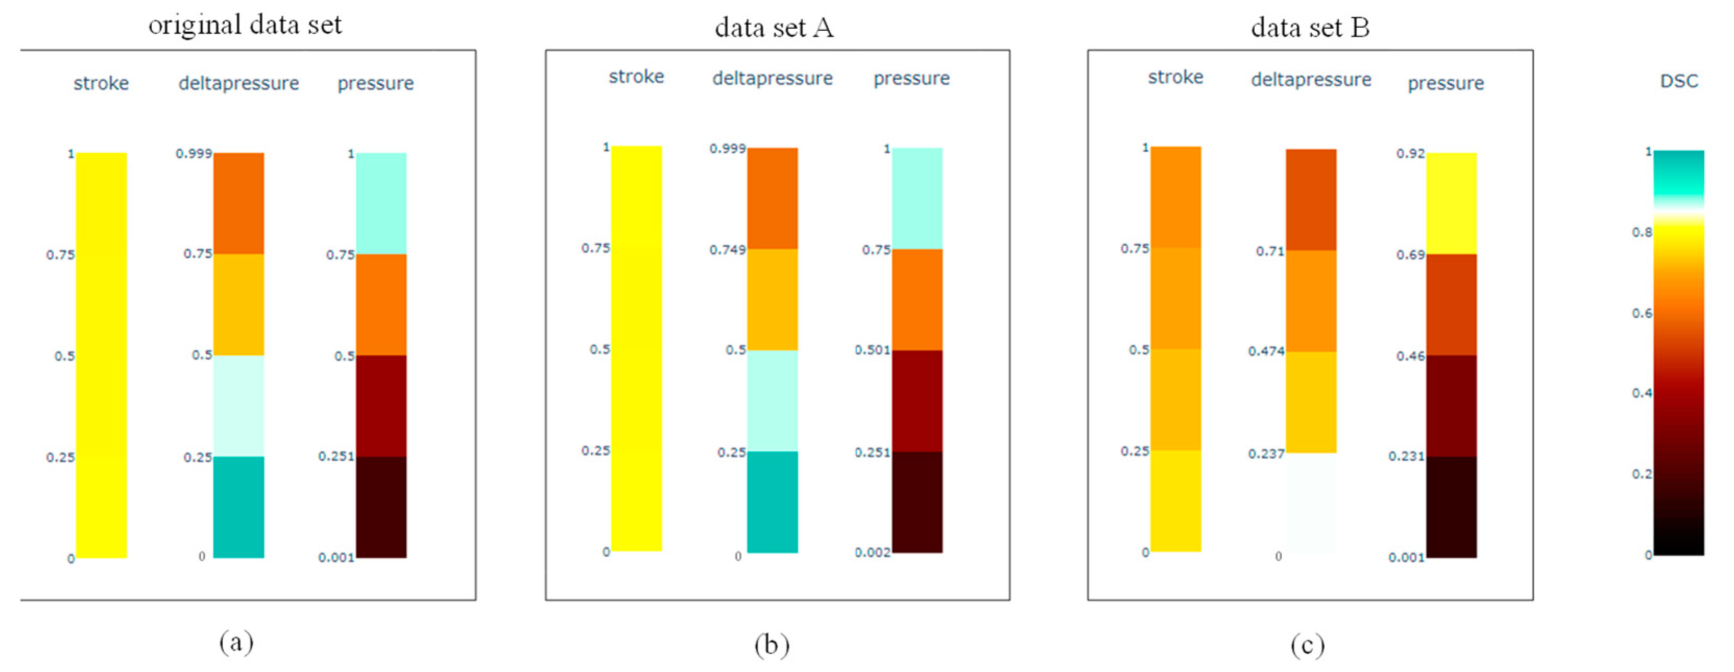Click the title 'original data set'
[245, 26]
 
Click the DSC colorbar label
[1679, 81]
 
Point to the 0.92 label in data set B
[1410, 153]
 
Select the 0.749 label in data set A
[727, 250]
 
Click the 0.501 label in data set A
[872, 350]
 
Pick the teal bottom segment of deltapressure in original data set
[239, 507]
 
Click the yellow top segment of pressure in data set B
[1451, 203]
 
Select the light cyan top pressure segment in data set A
[917, 199]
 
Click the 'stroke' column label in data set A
[636, 77]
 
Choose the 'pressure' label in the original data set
[375, 83]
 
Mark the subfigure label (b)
[771, 644]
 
